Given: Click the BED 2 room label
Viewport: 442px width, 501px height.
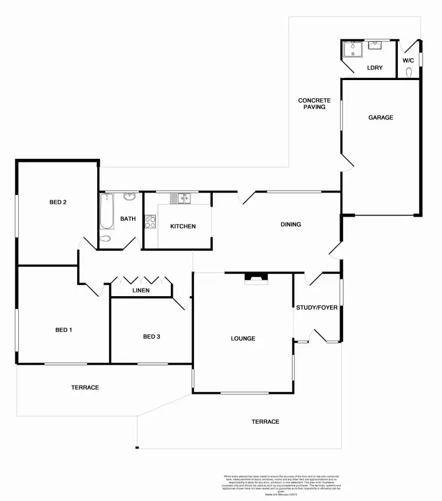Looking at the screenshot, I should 58,203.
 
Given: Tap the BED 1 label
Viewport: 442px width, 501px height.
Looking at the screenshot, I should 64,330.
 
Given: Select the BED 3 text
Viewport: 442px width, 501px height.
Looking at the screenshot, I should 151,337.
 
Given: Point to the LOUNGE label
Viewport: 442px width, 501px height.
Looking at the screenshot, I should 243,339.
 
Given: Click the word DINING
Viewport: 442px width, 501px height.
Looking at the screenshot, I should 291,224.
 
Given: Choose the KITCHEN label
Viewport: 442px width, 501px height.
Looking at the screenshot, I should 183,227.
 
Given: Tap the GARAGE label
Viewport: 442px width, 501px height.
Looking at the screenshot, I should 381,118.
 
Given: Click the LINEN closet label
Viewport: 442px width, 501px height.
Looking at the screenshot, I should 141,291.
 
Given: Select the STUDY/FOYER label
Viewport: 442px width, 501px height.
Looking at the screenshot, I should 317,307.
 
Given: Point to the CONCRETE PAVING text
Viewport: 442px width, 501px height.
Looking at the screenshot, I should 314,104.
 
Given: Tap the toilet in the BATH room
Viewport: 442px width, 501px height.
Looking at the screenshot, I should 105,239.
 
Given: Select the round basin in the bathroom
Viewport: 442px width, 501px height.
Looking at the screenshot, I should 130,197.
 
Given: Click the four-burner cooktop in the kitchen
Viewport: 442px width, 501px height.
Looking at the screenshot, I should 150,222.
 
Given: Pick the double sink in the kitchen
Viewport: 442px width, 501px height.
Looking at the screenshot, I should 180,198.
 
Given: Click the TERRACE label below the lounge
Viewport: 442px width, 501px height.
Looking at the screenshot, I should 265,422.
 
